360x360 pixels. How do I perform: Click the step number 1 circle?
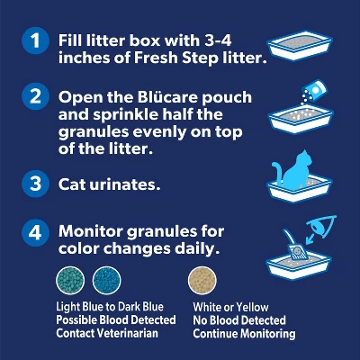pos(35,40)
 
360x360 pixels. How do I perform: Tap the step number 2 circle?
pos(35,96)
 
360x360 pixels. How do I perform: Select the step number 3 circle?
pos(35,184)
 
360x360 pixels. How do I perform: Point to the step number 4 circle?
pos(35,232)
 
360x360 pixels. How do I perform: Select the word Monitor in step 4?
pos(90,231)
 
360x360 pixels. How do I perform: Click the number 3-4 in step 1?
pos(218,40)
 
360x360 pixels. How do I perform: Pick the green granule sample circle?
pos(70,281)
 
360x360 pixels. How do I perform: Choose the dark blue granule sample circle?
pos(106,281)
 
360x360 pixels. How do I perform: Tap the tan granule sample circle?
pos(202,281)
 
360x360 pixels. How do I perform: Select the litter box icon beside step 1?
pos(300,45)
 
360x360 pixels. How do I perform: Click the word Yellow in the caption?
pos(252,307)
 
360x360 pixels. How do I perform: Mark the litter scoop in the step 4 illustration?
pos(295,245)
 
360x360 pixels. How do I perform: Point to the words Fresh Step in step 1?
pos(176,58)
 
